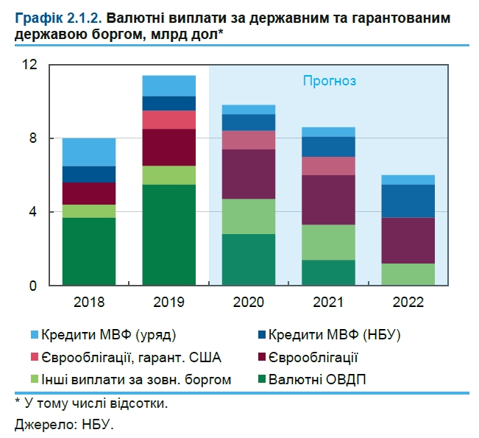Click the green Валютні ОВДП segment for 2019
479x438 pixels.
pos(168,235)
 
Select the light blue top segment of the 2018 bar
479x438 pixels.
pos(88,152)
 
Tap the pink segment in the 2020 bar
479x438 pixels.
pos(249,140)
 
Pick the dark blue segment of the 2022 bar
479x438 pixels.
pos(408,201)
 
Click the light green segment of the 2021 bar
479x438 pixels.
pos(328,242)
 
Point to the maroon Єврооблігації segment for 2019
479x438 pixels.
pos(168,147)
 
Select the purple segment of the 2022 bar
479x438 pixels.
pos(408,241)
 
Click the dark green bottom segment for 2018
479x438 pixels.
pos(88,252)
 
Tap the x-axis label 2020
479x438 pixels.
pos(249,302)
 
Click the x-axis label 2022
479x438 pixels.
pos(408,302)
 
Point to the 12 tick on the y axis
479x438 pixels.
pos(29,65)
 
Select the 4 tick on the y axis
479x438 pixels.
pos(33,212)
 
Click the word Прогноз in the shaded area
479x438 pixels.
pos(330,81)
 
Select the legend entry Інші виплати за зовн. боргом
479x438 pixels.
pos(137,380)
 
